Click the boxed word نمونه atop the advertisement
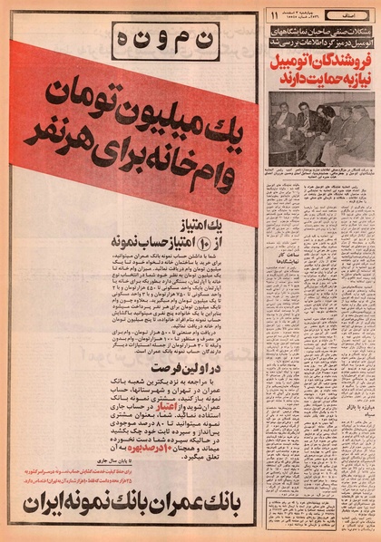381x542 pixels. [130, 38]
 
